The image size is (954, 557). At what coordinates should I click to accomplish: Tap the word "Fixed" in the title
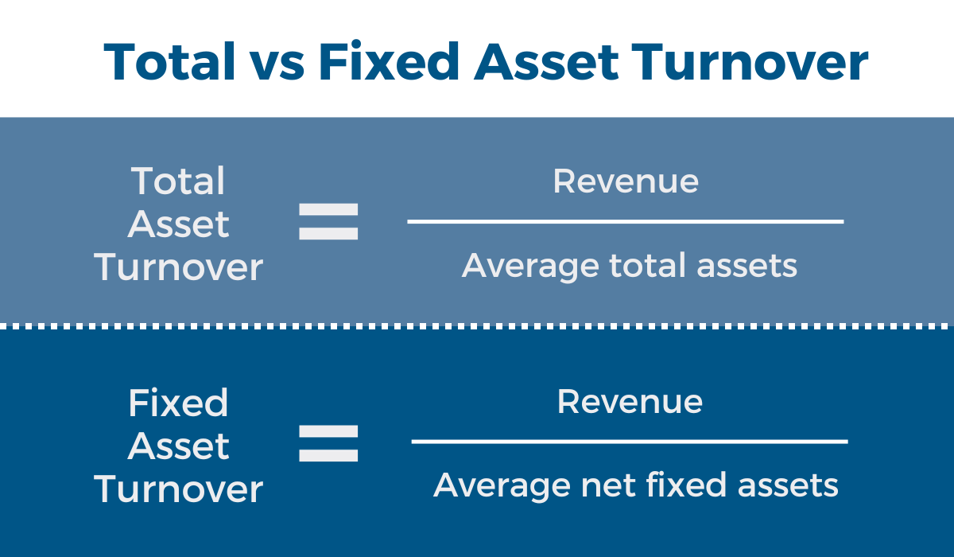coord(389,61)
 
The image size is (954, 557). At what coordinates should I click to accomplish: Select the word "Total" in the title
coord(169,61)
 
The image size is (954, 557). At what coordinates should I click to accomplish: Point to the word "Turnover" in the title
coord(750,62)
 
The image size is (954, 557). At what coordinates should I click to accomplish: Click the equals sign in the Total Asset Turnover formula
coord(328,222)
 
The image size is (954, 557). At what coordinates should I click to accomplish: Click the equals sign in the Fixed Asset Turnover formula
coord(328,443)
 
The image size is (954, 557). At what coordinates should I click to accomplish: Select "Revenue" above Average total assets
coord(626,181)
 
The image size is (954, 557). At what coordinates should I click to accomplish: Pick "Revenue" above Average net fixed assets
coord(630,402)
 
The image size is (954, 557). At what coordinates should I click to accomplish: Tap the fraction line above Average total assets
coord(625,222)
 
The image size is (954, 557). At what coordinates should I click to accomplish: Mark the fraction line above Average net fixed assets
coord(630,442)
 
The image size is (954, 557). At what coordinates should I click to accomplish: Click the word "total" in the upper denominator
coord(648,265)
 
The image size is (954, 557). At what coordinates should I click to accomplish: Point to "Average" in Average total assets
coord(531,267)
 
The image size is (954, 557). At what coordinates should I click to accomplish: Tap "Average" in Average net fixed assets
coord(502,487)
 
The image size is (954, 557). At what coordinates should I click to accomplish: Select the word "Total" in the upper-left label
coord(177,181)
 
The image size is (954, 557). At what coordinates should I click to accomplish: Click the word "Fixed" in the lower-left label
coord(178,403)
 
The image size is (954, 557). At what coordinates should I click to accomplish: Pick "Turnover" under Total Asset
coord(178,268)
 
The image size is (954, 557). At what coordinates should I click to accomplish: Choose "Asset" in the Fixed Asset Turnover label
coord(178,446)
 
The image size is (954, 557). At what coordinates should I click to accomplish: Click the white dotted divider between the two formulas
coord(477,326)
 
